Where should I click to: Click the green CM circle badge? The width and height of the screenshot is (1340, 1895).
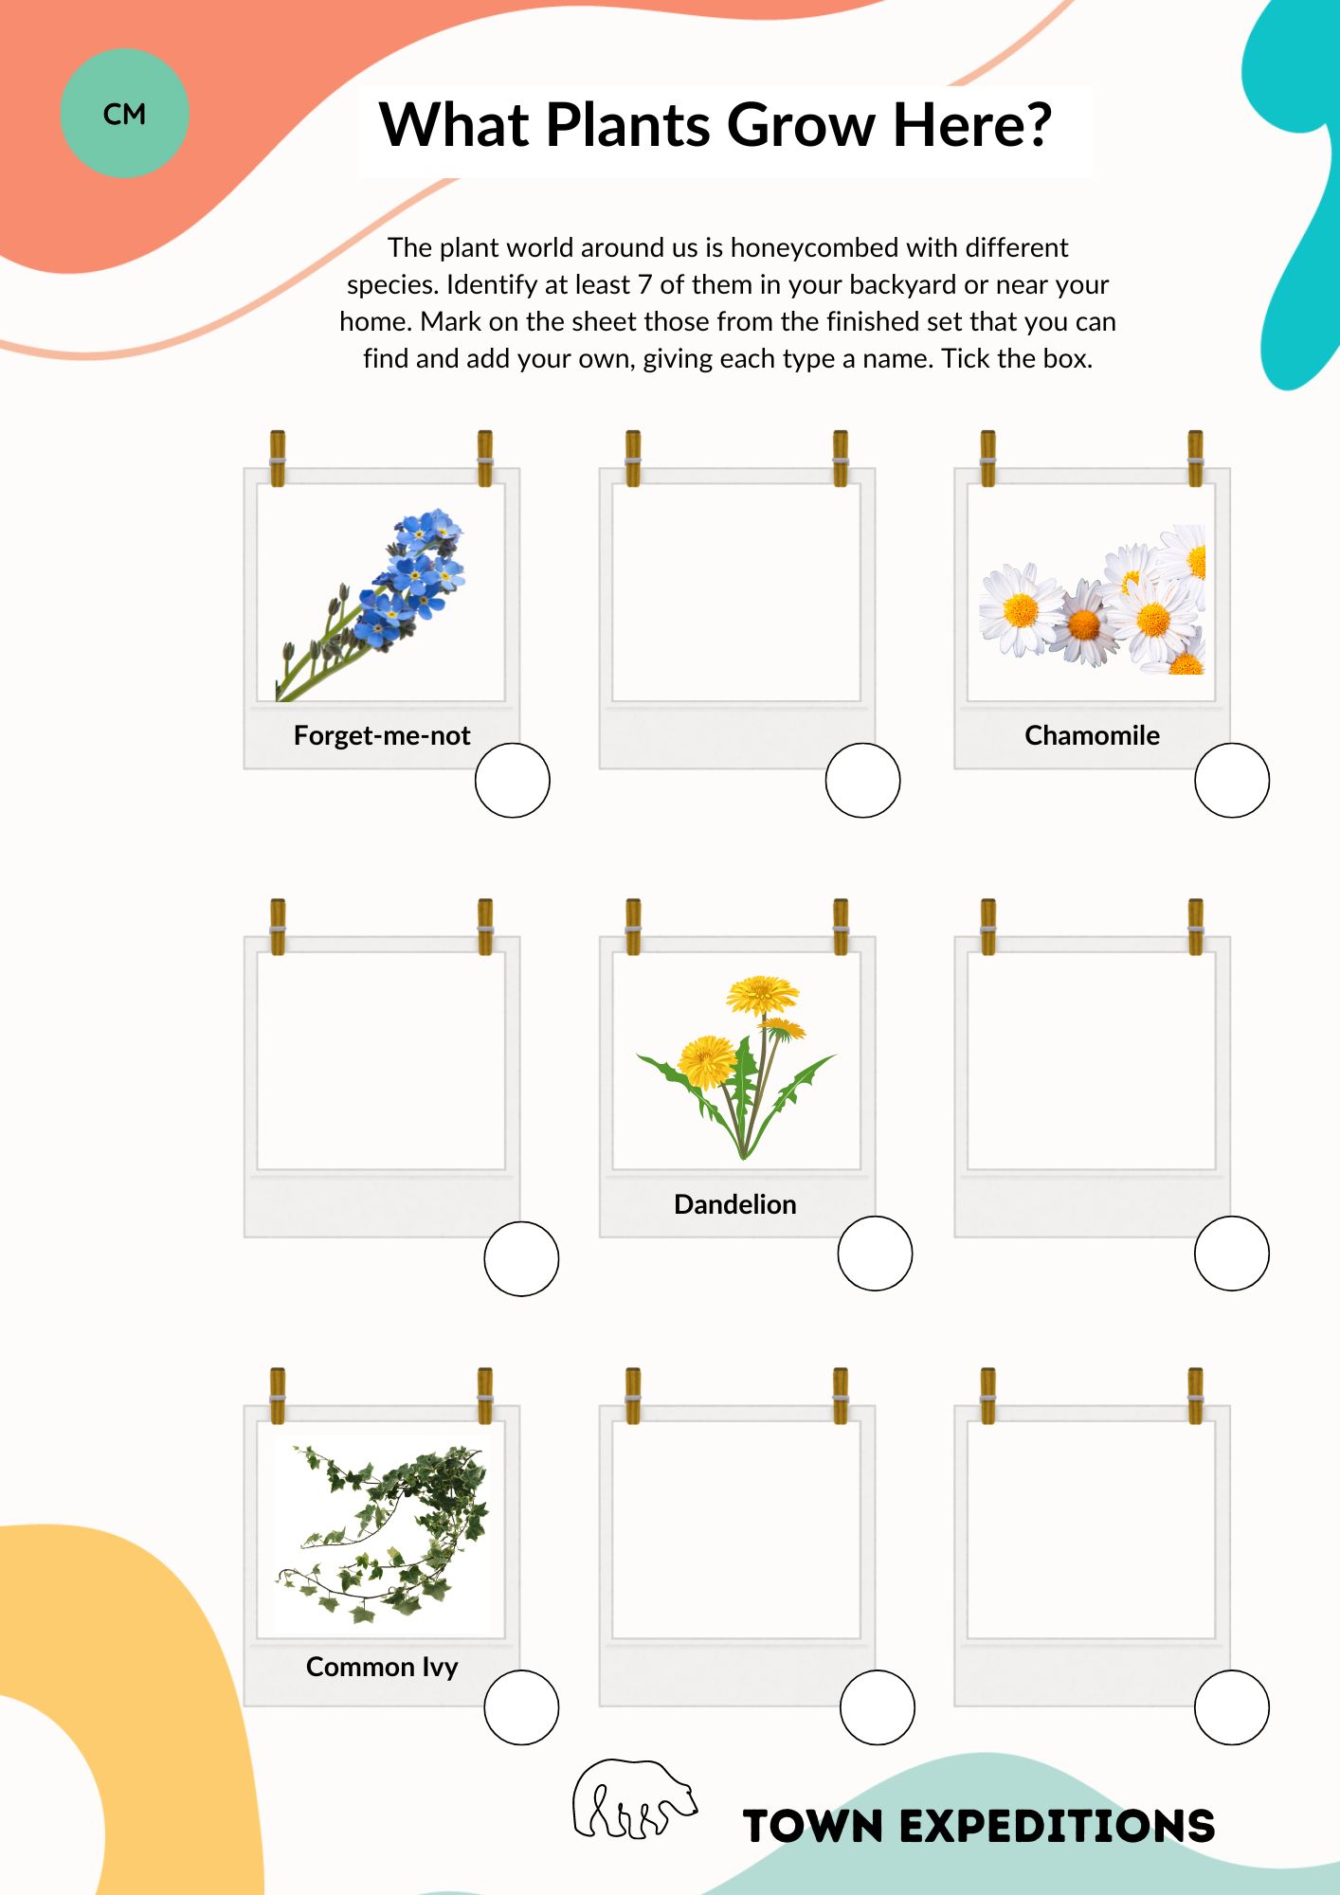(124, 113)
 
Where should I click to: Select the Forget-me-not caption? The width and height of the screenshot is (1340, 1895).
(382, 735)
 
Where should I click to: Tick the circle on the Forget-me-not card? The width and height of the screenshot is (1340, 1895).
(512, 780)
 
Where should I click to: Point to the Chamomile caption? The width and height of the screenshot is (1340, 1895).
(1092, 735)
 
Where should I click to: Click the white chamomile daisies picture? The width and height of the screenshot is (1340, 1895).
(1093, 600)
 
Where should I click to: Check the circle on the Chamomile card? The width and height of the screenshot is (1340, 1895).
(1231, 780)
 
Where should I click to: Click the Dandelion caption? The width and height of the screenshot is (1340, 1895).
(734, 1204)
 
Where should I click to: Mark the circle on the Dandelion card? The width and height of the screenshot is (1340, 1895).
(875, 1253)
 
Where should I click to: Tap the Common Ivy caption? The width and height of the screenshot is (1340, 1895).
(382, 1667)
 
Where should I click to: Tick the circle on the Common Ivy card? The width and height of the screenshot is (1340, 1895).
(521, 1707)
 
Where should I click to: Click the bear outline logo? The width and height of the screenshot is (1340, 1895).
(634, 1799)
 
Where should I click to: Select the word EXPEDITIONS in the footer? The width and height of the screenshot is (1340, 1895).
(1057, 1826)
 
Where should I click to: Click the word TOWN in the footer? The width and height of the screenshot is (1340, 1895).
(813, 1826)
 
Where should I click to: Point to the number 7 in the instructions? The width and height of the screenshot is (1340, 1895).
(643, 284)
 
